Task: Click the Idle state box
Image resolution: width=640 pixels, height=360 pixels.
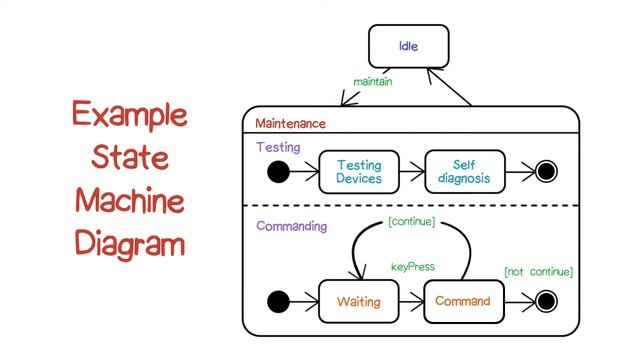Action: pos(409,46)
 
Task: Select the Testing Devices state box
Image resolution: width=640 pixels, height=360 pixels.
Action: pos(358,172)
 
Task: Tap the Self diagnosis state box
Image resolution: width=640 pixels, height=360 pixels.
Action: pos(464,172)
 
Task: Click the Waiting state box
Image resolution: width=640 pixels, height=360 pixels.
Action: pos(358,301)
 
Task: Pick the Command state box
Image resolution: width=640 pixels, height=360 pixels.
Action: pos(463,301)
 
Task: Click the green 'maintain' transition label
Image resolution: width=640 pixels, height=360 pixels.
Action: pos(371,80)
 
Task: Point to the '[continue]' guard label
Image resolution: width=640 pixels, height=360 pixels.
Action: pos(411,221)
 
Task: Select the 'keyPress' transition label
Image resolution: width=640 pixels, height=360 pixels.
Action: pos(411,267)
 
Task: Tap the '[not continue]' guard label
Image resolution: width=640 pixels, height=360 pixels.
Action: pos(538,271)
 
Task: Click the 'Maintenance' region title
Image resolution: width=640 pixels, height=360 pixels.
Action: pos(290,124)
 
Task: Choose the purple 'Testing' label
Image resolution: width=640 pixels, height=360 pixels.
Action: pos(277,146)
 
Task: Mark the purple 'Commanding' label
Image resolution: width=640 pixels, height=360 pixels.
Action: pos(291,226)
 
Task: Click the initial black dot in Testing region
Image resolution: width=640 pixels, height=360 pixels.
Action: pos(279,172)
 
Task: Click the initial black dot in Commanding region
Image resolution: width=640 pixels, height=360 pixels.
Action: pos(279,301)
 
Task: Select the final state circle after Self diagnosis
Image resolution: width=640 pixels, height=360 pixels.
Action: pos(546,172)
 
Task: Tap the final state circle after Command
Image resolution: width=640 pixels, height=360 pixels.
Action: pos(546,301)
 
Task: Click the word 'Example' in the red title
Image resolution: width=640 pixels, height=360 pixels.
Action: pos(128,114)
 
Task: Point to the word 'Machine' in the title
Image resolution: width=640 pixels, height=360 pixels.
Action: pos(128,201)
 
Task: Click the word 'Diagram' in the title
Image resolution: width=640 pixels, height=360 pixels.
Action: pos(128,244)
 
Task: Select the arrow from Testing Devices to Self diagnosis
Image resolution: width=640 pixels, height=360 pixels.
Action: pos(411,172)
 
